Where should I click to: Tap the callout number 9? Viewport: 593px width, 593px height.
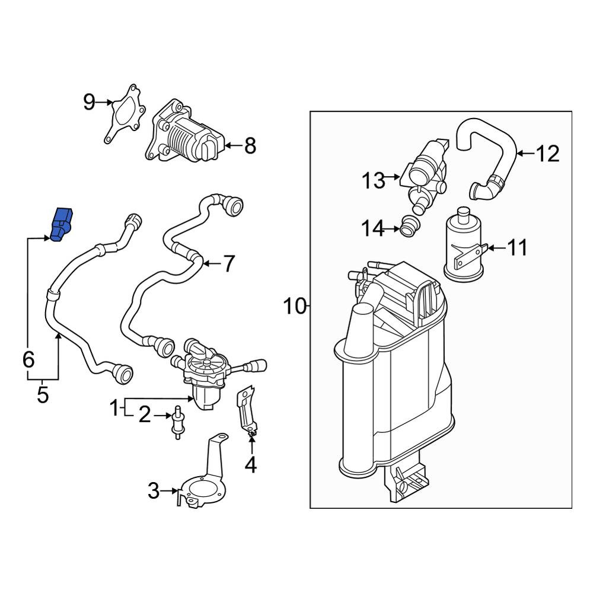89,102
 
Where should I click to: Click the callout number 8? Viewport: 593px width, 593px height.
250,146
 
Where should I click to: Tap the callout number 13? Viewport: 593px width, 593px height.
374,180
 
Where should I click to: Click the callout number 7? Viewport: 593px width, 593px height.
229,264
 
